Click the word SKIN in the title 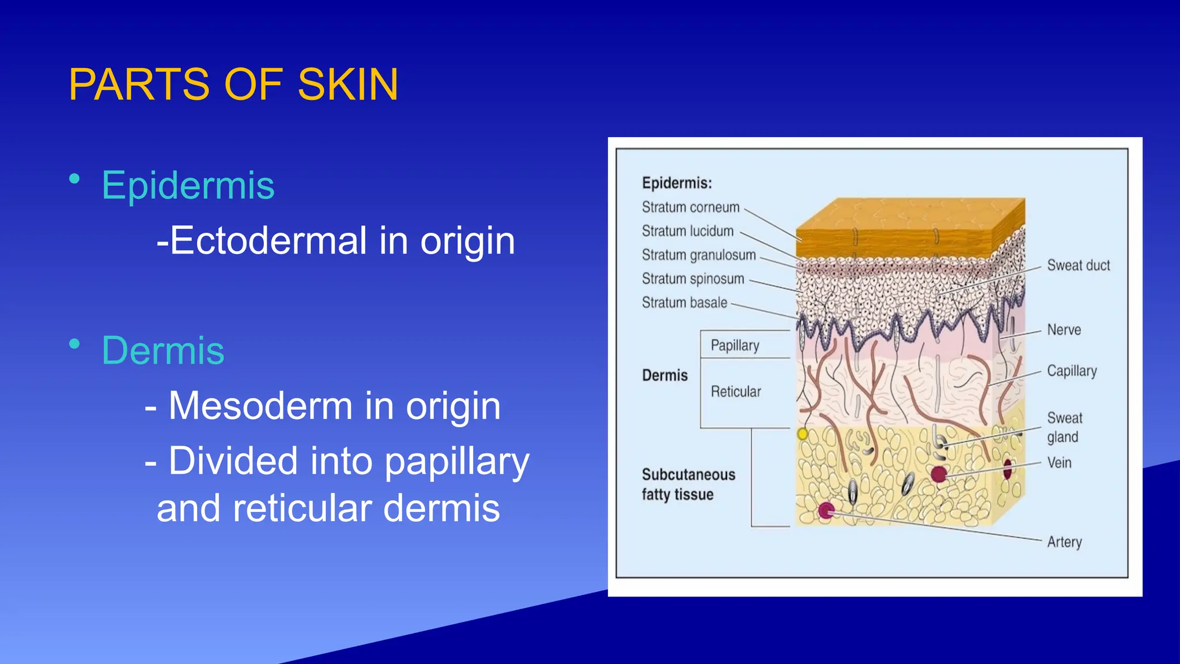pos(347,85)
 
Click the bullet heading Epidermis pos(188,186)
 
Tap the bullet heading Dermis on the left pos(163,350)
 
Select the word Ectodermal pos(268,240)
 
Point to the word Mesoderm pos(260,406)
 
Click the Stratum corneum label pos(690,207)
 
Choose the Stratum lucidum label pos(687,231)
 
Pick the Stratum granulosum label pos(698,255)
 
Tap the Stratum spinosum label pos(693,279)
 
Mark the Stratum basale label pos(684,303)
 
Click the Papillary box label pos(735,345)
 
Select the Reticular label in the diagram pos(736,392)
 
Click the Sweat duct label pos(1078,266)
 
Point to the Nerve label pos(1064,330)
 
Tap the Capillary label pos(1072,371)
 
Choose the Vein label pos(1059,463)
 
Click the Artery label pos(1064,542)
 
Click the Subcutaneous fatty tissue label pos(688,484)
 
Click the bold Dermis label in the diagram pos(665,376)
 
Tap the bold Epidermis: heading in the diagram pos(676,183)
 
